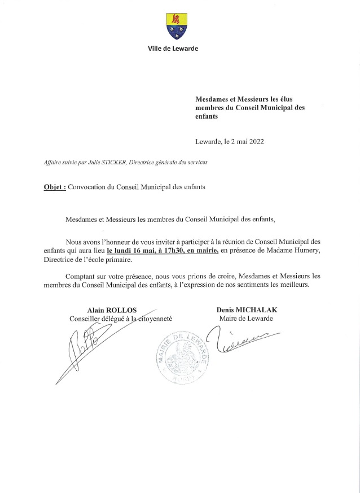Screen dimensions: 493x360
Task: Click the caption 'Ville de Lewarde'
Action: coord(173,49)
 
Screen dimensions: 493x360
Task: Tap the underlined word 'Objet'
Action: coord(54,187)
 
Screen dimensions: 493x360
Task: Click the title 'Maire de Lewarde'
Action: coord(245,319)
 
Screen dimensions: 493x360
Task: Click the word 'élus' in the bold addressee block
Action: coord(295,99)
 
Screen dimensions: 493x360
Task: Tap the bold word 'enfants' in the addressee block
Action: coord(206,117)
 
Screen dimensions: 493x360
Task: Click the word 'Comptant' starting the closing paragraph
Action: coord(82,276)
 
